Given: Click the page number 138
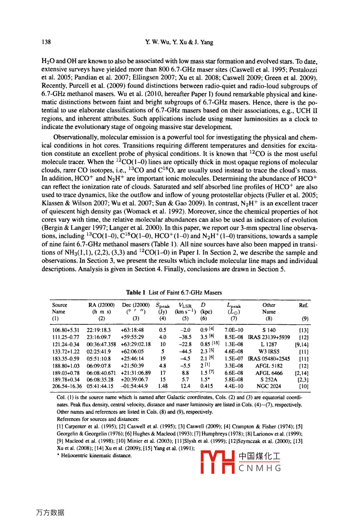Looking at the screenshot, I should coord(46,42).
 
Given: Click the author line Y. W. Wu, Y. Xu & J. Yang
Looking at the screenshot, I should coord(179,42).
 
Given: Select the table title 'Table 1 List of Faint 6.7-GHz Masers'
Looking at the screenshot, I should coord(174,292).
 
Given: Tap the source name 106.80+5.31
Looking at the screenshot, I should coord(66,330).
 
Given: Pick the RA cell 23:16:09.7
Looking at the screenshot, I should coord(99,338).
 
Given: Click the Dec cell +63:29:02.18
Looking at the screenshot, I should coord(135,344).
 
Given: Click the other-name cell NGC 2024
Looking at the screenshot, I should coord(269,386).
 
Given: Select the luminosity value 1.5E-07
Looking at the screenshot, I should coord(234,359).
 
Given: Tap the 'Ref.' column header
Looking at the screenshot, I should coord(303,305).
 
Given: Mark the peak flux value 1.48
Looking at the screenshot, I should coord(162,386).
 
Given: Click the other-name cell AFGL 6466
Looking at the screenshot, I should coord(269,372).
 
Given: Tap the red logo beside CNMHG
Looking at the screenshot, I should coord(218,462).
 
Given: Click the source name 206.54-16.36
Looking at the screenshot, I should coord(67,386).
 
